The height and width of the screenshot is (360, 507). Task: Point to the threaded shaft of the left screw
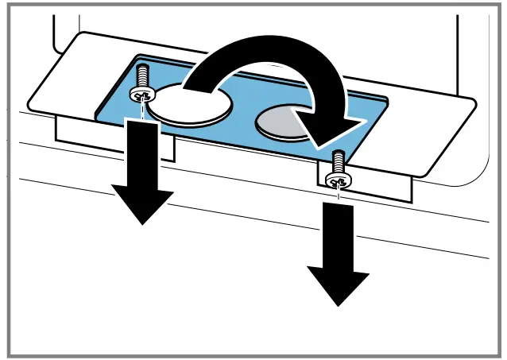(143, 76)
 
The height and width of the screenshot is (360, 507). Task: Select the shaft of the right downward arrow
(338, 234)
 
